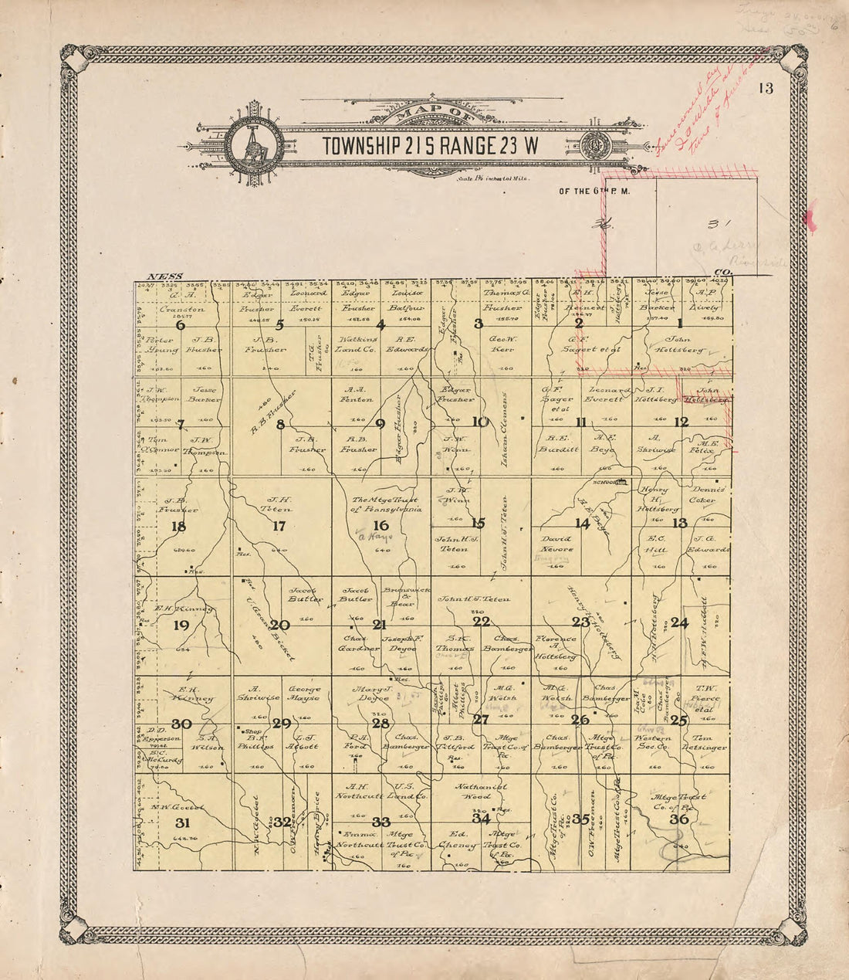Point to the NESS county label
pyautogui.click(x=164, y=276)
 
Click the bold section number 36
pyautogui.click(x=679, y=819)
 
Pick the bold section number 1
pyautogui.click(x=680, y=324)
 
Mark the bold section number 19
pyautogui.click(x=181, y=625)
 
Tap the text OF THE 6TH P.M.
pyautogui.click(x=595, y=192)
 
